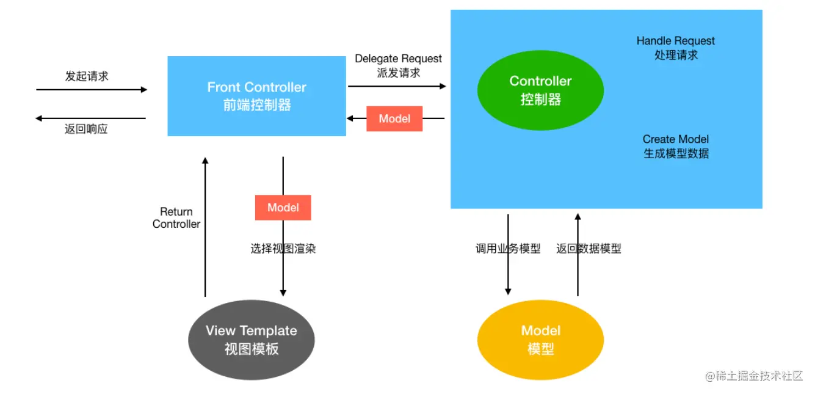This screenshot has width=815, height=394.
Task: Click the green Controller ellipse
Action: coord(540,90)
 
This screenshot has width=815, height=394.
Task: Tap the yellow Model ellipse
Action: coord(540,340)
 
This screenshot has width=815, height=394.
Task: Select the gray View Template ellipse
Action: coord(252,340)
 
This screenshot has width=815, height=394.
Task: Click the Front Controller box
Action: coord(256,96)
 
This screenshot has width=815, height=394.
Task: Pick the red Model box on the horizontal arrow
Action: coord(394,119)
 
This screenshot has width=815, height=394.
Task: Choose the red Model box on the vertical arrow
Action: coord(283,208)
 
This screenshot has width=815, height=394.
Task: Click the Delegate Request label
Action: coord(399,59)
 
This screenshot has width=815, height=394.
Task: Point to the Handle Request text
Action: coord(676,41)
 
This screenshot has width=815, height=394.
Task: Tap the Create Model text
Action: coord(676,139)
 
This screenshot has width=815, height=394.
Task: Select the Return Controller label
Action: coord(176,217)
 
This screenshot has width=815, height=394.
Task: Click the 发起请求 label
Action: coord(87,76)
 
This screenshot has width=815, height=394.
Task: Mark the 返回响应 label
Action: coord(86,129)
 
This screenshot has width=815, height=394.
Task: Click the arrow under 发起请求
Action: coord(92,90)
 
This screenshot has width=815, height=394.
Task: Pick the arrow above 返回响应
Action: coord(90,119)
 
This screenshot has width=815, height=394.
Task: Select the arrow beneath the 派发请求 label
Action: coord(397,86)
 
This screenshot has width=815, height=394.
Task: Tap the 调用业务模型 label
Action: coord(508,249)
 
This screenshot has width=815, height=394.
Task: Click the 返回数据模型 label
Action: coord(589,249)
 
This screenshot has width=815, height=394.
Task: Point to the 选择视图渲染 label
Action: coord(283,249)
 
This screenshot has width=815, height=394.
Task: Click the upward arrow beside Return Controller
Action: coord(205,227)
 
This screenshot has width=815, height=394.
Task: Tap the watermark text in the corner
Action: coord(754,376)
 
